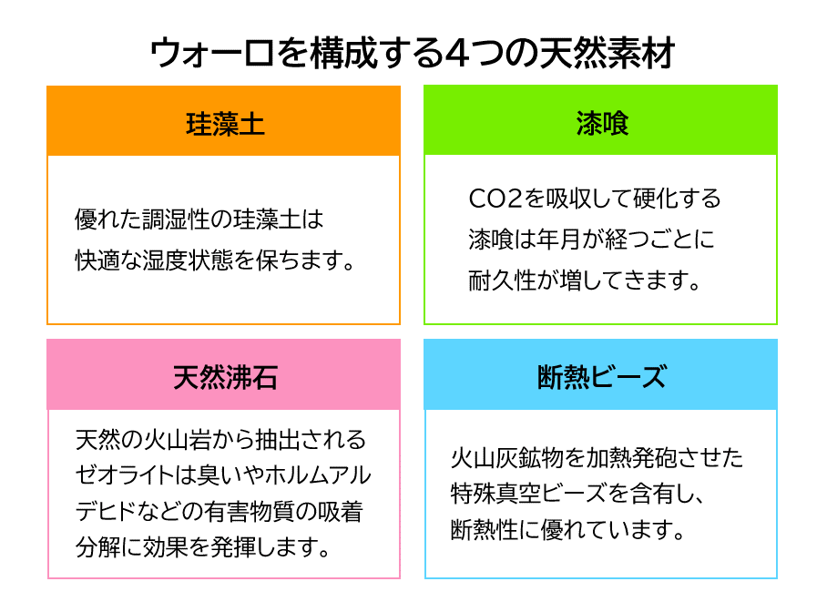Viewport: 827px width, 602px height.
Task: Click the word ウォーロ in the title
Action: click(x=212, y=54)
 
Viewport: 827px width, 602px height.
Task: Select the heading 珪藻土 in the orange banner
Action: click(x=225, y=125)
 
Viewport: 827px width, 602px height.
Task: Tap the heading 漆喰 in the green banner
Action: click(x=602, y=124)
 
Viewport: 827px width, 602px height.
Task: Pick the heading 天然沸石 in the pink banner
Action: click(x=225, y=377)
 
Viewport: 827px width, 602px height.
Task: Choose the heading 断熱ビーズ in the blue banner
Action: click(x=602, y=377)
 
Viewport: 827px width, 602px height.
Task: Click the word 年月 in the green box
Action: click(x=558, y=239)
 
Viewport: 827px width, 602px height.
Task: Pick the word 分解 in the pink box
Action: click(x=97, y=546)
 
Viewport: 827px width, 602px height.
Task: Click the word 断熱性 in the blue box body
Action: click(x=485, y=530)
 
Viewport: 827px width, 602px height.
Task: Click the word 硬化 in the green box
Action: click(x=656, y=199)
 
